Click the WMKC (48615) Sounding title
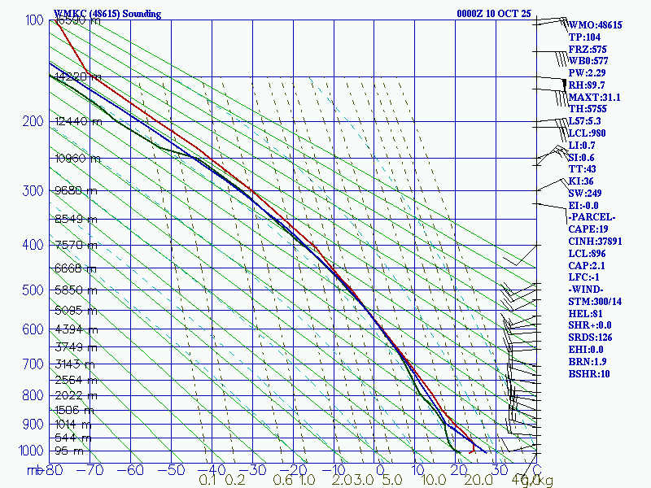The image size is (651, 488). [107, 14]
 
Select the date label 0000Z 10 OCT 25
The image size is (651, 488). [494, 14]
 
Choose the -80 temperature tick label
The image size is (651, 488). [54, 470]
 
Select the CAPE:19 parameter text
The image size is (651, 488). [587, 230]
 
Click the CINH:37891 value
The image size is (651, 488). [594, 242]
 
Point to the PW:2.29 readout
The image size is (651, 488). [587, 73]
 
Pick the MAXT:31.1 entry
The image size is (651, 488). [594, 98]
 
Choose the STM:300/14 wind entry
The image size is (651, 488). [594, 302]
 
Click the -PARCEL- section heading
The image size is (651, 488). [592, 217]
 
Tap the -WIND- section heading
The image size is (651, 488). [588, 290]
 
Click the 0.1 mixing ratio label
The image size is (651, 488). [208, 481]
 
